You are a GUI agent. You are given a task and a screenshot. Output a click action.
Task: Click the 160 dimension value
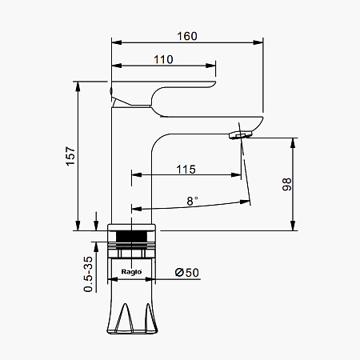click(x=187, y=36)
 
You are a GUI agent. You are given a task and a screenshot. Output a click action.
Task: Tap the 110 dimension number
click(x=163, y=59)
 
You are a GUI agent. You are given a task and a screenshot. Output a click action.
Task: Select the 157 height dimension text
click(x=71, y=156)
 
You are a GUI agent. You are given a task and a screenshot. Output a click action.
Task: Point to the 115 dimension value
click(x=186, y=170)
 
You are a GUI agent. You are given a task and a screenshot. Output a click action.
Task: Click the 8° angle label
click(x=192, y=201)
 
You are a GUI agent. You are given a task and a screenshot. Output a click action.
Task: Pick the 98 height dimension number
click(x=287, y=184)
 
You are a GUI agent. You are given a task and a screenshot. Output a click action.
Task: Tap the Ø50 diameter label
click(x=187, y=273)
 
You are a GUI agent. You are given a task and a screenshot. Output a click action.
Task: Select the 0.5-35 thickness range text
click(x=88, y=274)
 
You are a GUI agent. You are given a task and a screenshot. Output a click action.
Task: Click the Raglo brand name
click(x=131, y=272)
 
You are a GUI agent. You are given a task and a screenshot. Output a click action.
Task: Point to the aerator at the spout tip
click(x=241, y=134)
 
